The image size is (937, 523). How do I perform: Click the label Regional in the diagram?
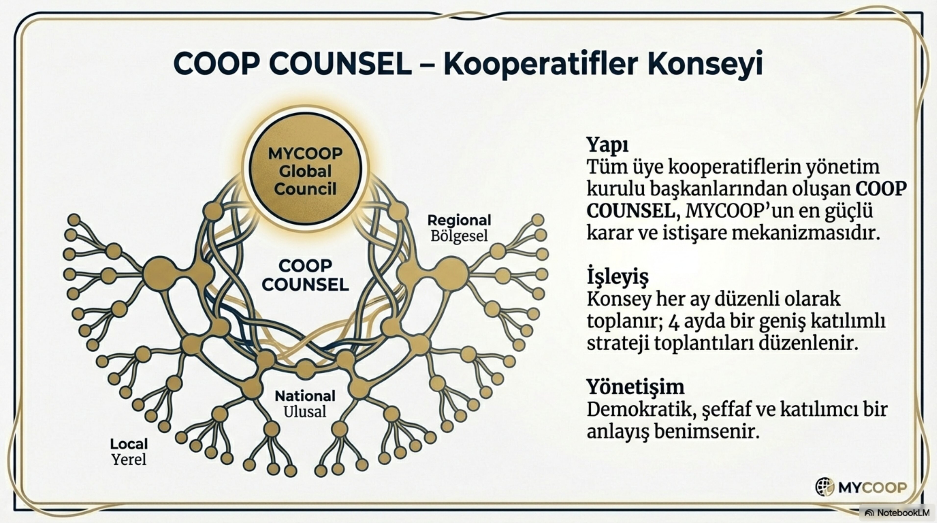pos(459,220)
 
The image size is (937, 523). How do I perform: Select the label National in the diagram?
pos(305,396)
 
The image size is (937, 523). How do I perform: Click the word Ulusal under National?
pos(305,412)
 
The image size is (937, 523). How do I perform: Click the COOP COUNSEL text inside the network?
pos(305,275)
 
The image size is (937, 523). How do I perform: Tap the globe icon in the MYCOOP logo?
pos(824,487)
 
